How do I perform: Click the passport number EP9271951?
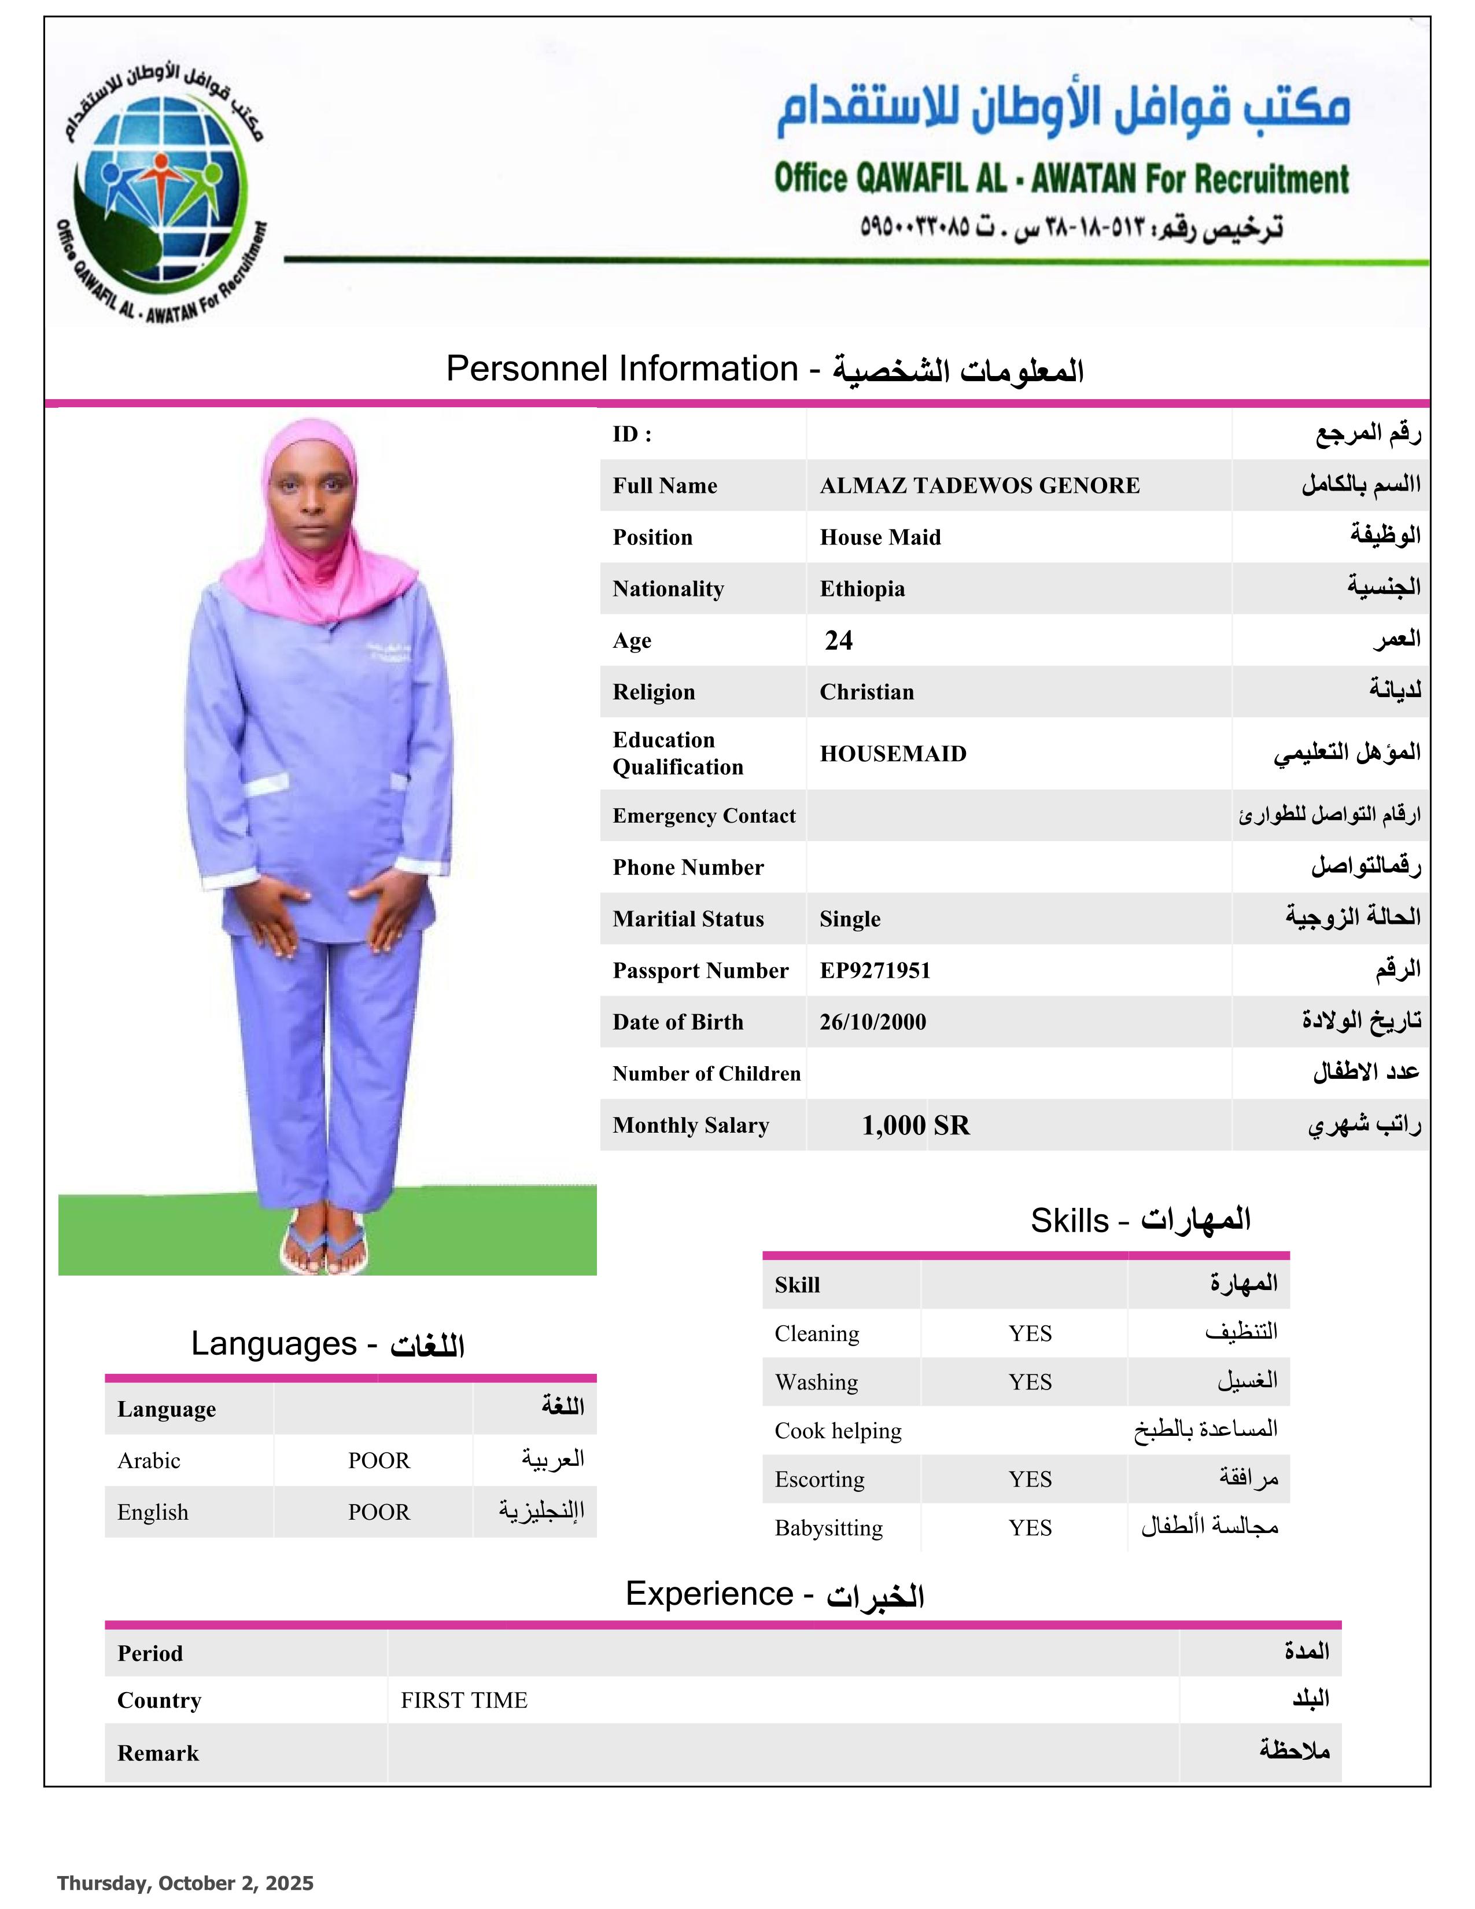pyautogui.click(x=875, y=970)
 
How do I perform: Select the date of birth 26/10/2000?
pyautogui.click(x=872, y=1022)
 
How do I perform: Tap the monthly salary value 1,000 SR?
pyautogui.click(x=915, y=1125)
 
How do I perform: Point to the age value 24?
pyautogui.click(x=838, y=641)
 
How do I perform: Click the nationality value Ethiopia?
pyautogui.click(x=862, y=589)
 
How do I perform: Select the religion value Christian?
pyautogui.click(x=866, y=692)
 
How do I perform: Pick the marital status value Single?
pyautogui.click(x=849, y=919)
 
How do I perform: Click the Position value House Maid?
pyautogui.click(x=880, y=537)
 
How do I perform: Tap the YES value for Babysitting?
pyautogui.click(x=1030, y=1528)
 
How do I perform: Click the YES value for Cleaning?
pyautogui.click(x=1030, y=1334)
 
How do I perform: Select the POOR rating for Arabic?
pyautogui.click(x=378, y=1461)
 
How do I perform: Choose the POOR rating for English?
pyautogui.click(x=378, y=1512)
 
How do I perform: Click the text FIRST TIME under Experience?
pyautogui.click(x=464, y=1700)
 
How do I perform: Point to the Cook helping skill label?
pyautogui.click(x=837, y=1431)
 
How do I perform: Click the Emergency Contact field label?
pyautogui.click(x=703, y=816)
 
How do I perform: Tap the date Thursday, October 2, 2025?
pyautogui.click(x=185, y=1883)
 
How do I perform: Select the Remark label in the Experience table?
pyautogui.click(x=158, y=1753)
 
